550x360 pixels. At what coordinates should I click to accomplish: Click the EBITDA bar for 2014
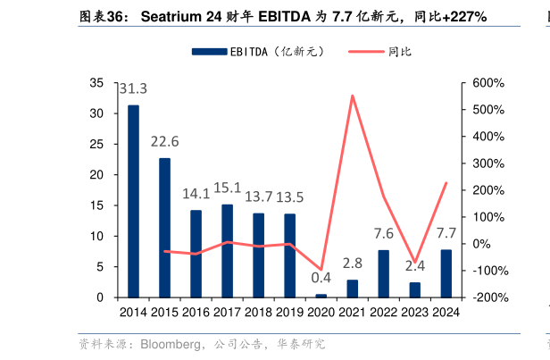click(133, 201)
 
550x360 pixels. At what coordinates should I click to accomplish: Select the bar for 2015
click(164, 227)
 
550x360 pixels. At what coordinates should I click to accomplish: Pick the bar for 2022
click(383, 273)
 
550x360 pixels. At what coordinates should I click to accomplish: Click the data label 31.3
click(133, 88)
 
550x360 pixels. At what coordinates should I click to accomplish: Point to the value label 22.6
click(164, 141)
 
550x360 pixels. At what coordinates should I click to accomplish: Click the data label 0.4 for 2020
click(321, 277)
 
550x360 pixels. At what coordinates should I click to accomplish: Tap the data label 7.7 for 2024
click(446, 233)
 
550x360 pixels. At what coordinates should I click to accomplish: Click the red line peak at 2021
click(352, 96)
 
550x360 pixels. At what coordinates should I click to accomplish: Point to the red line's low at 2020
click(321, 270)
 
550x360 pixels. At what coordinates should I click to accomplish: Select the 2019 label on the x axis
click(289, 313)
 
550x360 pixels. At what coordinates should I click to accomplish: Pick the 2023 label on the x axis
click(414, 313)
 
